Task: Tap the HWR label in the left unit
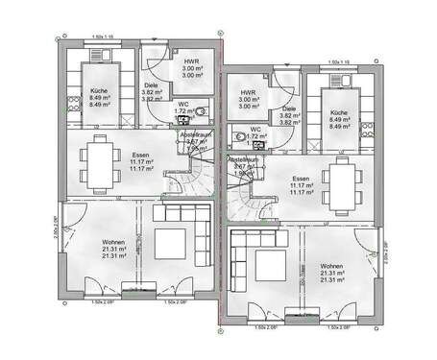point(191,62)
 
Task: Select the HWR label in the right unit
point(249,93)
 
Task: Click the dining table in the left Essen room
point(99,154)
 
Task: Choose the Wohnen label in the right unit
point(332,266)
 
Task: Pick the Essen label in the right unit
point(301,180)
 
